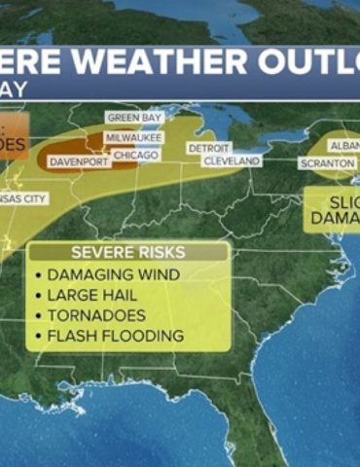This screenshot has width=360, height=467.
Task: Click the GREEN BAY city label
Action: pos(135,118)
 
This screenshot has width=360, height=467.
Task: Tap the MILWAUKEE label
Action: pos(132,138)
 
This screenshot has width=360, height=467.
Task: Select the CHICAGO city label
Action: pos(135,155)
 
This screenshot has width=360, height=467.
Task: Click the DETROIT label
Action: pos(208,148)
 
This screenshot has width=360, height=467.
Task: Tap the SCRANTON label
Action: pos(327,163)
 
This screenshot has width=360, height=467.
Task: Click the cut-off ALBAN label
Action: pos(344,145)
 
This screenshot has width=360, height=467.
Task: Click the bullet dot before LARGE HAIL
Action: pos(38,296)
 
